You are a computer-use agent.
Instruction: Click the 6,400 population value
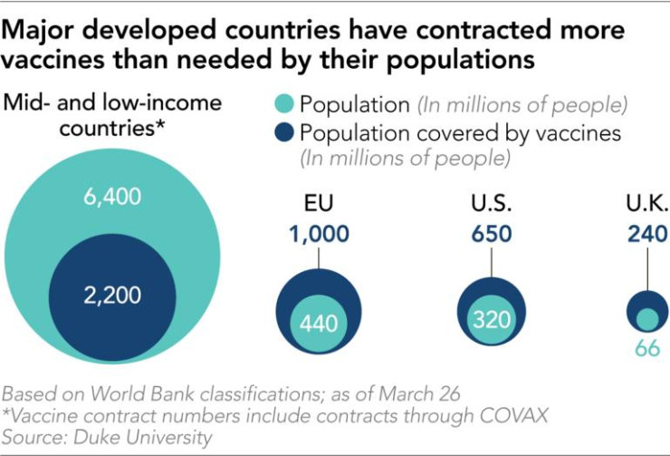[111, 196]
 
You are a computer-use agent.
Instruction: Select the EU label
[320, 202]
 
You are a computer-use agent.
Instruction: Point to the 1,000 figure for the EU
[320, 234]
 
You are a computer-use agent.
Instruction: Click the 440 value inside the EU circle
[318, 324]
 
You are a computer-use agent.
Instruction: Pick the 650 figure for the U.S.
[492, 234]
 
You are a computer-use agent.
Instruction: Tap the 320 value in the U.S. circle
[492, 319]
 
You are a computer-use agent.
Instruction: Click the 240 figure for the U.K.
[648, 234]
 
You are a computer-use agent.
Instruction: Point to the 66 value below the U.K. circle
[647, 347]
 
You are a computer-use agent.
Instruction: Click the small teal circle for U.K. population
[647, 318]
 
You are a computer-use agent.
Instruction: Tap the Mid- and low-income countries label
[112, 115]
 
